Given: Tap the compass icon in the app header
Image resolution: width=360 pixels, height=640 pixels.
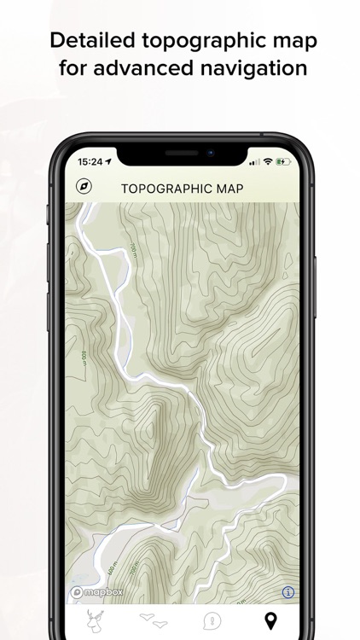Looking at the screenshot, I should pyautogui.click(x=84, y=187).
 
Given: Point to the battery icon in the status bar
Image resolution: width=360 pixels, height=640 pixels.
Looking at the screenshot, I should pyautogui.click(x=283, y=160).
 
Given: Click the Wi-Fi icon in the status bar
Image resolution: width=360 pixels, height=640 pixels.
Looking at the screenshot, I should pyautogui.click(x=268, y=160).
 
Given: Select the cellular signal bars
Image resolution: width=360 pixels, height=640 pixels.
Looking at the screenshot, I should pyautogui.click(x=253, y=160).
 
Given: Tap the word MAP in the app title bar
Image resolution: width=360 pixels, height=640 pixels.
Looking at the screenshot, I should pyautogui.click(x=224, y=188).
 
